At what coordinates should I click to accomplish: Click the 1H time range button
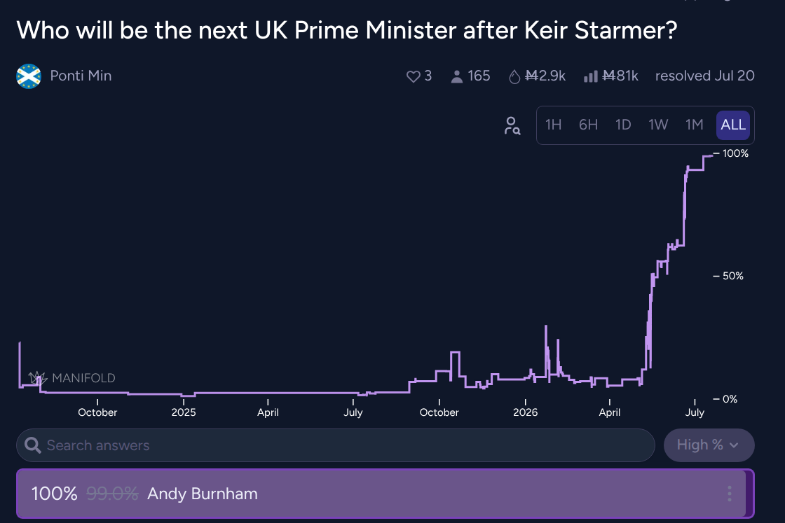(x=553, y=125)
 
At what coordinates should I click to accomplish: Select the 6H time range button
(x=588, y=125)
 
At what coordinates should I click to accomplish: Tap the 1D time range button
(x=623, y=125)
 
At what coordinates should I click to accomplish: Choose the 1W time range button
(x=658, y=125)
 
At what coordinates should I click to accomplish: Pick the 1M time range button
(x=695, y=125)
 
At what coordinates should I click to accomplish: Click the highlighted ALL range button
(x=733, y=125)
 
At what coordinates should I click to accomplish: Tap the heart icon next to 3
(x=413, y=76)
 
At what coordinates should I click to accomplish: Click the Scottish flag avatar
(x=29, y=76)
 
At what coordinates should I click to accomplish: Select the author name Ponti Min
(x=81, y=76)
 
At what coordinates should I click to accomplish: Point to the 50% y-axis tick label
(x=733, y=276)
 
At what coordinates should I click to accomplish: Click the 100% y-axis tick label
(x=735, y=153)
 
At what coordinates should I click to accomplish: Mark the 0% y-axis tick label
(x=730, y=399)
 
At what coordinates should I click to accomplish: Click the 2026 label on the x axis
(x=525, y=412)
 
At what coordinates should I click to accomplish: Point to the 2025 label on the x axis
(x=184, y=412)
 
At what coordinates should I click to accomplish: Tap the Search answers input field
(x=336, y=445)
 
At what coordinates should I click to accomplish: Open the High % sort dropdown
(x=709, y=445)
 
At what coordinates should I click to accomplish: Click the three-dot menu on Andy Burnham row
(x=730, y=494)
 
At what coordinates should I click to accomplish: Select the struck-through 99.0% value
(x=112, y=494)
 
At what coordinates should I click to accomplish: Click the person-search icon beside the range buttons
(x=512, y=125)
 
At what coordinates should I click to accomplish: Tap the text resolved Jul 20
(x=705, y=76)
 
